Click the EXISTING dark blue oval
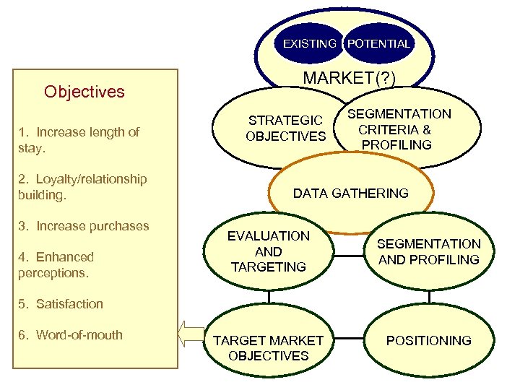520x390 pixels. pyautogui.click(x=308, y=43)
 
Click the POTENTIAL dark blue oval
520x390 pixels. pyautogui.click(x=378, y=43)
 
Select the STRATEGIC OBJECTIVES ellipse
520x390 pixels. pyautogui.click(x=286, y=128)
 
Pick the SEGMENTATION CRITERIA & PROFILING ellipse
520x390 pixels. pyautogui.click(x=399, y=129)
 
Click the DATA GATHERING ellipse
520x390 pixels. pyautogui.click(x=351, y=193)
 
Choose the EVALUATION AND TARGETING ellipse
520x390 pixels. pyautogui.click(x=269, y=251)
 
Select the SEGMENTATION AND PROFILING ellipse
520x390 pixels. pyautogui.click(x=429, y=251)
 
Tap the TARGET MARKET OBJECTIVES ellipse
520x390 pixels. pyautogui.click(x=269, y=347)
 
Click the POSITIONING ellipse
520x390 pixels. pyautogui.click(x=429, y=340)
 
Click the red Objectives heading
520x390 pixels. pyautogui.click(x=84, y=92)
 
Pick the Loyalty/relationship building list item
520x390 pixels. pyautogui.click(x=82, y=186)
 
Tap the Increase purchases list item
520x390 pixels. pyautogui.click(x=84, y=226)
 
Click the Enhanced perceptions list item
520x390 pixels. pyautogui.click(x=56, y=264)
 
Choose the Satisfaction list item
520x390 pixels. pyautogui.click(x=61, y=304)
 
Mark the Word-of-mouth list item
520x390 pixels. pyautogui.click(x=70, y=335)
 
